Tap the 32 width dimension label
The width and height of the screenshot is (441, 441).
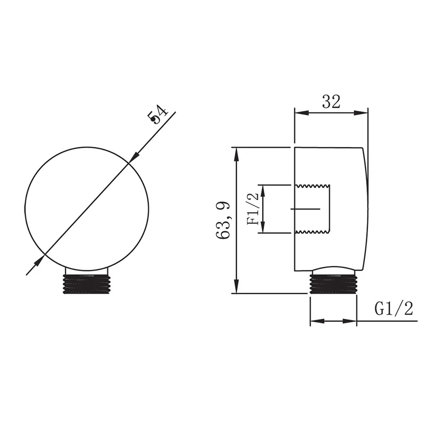click(x=331, y=101)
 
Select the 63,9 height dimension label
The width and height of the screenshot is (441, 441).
click(x=224, y=220)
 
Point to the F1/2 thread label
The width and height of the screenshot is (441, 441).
click(x=253, y=209)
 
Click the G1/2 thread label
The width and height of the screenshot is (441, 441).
click(x=393, y=309)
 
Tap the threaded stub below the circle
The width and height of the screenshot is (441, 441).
click(x=86, y=284)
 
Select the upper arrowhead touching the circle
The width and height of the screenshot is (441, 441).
click(x=134, y=157)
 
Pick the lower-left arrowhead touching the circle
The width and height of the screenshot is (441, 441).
click(x=39, y=260)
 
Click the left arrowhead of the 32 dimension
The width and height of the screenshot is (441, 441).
click(x=301, y=113)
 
